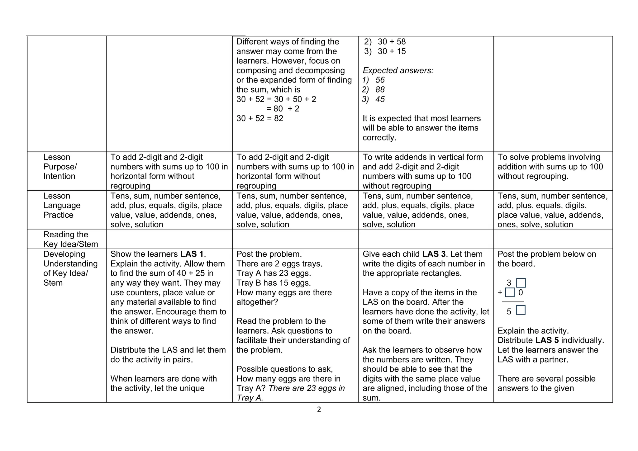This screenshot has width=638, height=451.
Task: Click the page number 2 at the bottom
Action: point(319,410)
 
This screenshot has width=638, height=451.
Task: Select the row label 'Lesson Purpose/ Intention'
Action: point(60,167)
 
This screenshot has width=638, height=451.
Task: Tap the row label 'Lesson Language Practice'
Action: point(62,205)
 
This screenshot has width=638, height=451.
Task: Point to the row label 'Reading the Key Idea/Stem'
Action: point(70,239)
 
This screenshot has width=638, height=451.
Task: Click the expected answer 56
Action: point(380,80)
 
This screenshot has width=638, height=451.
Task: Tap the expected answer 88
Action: point(380,90)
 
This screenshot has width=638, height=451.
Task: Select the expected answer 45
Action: point(380,99)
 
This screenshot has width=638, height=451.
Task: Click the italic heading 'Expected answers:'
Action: point(398,70)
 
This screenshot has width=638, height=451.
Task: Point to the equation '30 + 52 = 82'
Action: point(260,118)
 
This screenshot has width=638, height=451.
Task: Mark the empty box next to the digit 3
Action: point(521,283)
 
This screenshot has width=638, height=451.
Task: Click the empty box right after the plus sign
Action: point(510,292)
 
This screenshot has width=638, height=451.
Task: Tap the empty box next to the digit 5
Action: point(521,310)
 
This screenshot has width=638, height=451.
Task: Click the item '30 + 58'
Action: point(392,42)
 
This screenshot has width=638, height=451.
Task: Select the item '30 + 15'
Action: point(392,51)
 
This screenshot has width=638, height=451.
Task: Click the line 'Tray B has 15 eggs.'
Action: point(274,283)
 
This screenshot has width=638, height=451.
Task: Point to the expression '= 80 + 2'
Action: point(283,109)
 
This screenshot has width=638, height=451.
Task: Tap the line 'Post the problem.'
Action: point(269,254)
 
